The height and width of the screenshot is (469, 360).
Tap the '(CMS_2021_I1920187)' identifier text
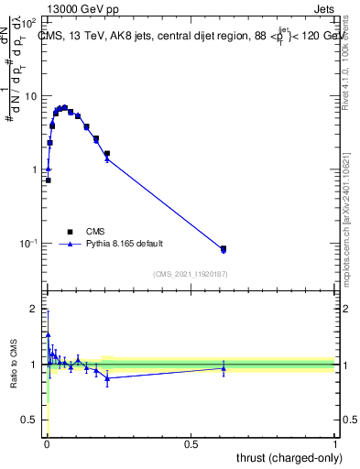pyautogui.click(x=191, y=272)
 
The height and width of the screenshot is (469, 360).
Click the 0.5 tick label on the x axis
pyautogui.click(x=191, y=442)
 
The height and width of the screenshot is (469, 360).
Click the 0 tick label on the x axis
pyautogui.click(x=47, y=442)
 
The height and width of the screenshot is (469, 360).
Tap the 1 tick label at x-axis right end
pyautogui.click(x=336, y=442)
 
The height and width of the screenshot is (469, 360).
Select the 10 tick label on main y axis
pyautogui.click(x=31, y=96)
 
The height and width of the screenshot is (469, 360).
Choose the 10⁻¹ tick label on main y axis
pyautogui.click(x=29, y=244)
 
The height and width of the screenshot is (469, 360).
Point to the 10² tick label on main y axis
pyautogui.click(x=29, y=22)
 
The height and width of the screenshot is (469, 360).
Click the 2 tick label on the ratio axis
pyautogui.click(x=35, y=309)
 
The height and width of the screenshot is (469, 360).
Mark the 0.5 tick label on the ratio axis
pyautogui.click(x=30, y=420)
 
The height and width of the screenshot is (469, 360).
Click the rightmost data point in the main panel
pyautogui.click(x=224, y=248)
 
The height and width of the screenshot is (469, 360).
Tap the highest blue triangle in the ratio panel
pyautogui.click(x=48, y=335)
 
